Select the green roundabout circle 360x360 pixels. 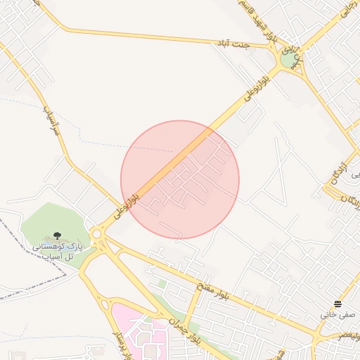coord(289,60)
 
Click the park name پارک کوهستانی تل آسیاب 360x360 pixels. coord(58,252)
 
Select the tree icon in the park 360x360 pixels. coord(57,236)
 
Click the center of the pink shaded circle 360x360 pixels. coord(180,179)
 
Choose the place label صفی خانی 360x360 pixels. coord(338,314)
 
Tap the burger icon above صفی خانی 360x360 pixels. coord(338,304)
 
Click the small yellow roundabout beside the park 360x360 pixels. coord(96,233)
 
